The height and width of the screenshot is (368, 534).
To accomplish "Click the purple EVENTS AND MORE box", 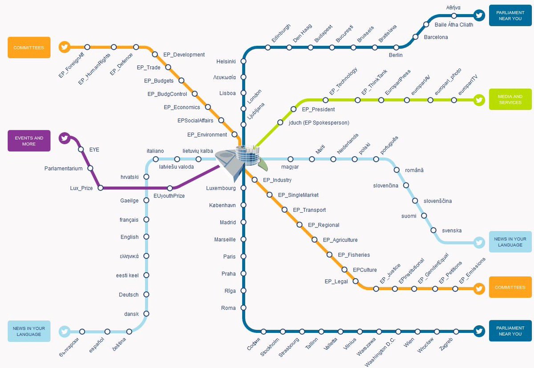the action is [29, 141].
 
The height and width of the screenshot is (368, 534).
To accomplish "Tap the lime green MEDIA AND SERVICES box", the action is [510, 99].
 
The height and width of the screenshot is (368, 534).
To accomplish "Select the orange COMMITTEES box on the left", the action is [29, 48].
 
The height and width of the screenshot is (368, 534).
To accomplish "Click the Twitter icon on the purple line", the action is [65, 138].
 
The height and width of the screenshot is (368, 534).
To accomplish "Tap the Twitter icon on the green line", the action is [479, 100].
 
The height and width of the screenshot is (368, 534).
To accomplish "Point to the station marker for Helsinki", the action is [243, 61].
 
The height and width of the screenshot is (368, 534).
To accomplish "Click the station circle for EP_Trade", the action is [168, 67].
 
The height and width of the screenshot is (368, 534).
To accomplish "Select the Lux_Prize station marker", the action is [101, 188].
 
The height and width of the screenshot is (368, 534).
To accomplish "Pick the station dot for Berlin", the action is [396, 48].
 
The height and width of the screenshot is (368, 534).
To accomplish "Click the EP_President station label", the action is [318, 109].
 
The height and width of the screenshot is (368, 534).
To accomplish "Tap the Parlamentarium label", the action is [63, 169].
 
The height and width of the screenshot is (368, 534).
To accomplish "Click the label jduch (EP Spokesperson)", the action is [319, 123].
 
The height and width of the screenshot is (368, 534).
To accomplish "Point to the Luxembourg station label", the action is [221, 188].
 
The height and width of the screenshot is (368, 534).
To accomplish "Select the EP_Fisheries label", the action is [354, 255].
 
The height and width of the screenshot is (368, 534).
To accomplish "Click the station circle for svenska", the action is [433, 230].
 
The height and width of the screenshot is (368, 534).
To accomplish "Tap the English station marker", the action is [146, 237].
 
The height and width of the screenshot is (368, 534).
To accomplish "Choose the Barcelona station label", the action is [436, 37].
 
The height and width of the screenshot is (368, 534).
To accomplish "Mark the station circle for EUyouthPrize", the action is [170, 188].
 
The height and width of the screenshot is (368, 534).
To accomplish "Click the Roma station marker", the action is [243, 307].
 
